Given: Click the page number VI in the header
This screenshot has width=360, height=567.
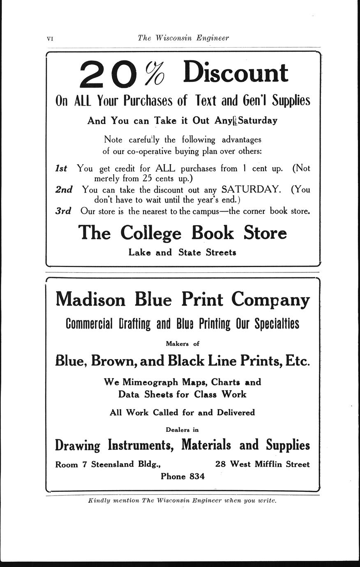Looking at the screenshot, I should coord(50,39).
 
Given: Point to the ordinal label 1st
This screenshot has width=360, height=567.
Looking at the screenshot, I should coord(61,168).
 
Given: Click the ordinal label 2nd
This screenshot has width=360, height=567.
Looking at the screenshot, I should coord(64,189).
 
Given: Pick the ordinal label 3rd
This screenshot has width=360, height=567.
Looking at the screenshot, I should coord(63,211).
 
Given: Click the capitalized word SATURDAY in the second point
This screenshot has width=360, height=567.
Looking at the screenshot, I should coord(251,189).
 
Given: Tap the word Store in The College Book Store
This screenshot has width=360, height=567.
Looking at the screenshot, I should coord(265,233).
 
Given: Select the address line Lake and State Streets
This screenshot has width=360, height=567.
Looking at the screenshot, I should coord(182,253).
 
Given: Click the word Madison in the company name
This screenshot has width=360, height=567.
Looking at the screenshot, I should coord(90,299).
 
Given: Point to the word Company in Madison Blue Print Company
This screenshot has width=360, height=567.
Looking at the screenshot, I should coord(270,300).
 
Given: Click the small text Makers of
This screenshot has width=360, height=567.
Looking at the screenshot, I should coord(182,343).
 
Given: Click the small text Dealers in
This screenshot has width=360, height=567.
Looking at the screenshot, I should coord(182,430).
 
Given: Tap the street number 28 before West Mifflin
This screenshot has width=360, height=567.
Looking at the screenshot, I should coord(221,464).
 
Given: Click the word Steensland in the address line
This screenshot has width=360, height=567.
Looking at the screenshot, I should coord(113,464).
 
